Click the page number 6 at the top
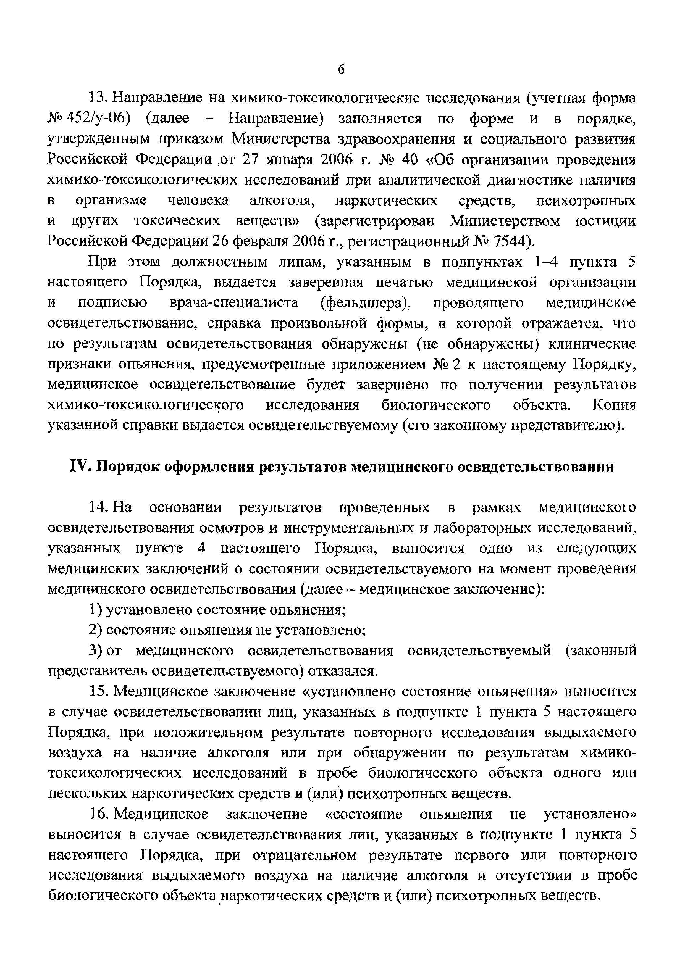[341, 69]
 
